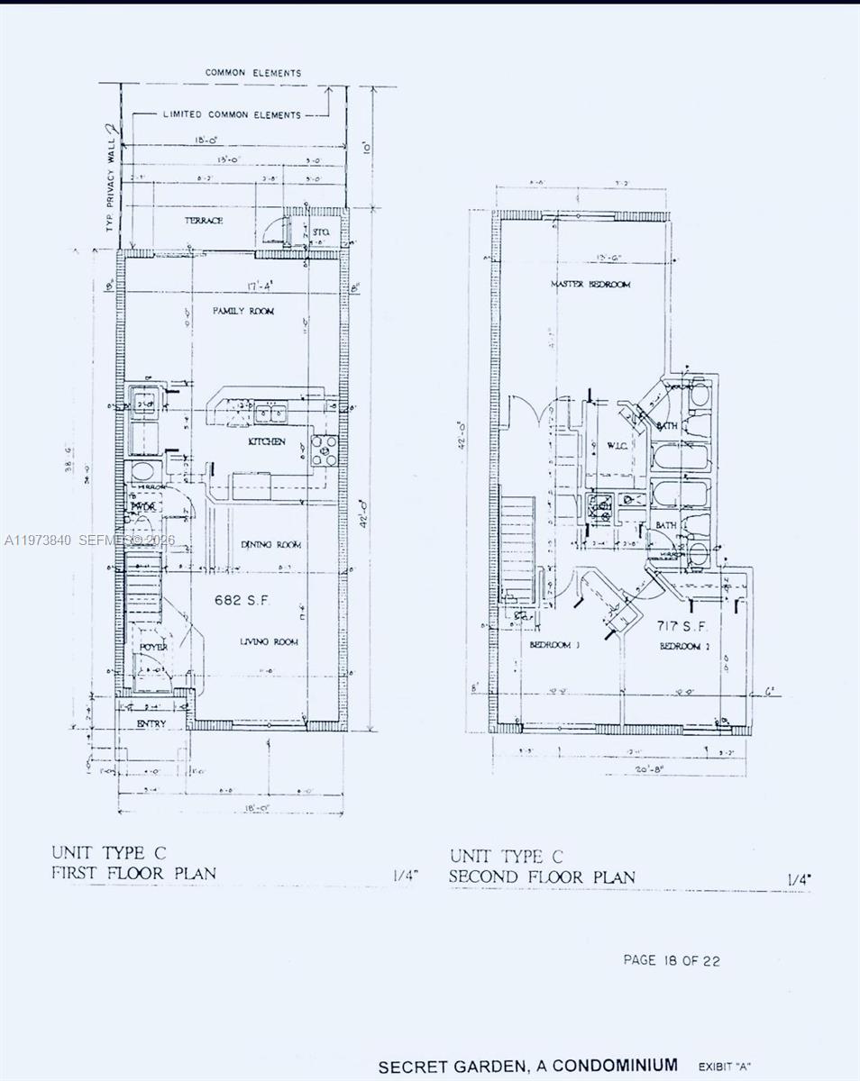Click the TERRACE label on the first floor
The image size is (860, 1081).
pyautogui.click(x=204, y=221)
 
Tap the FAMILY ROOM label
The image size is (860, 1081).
pyautogui.click(x=242, y=311)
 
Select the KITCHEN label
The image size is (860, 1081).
pyautogui.click(x=267, y=441)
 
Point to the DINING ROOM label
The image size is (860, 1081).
pyautogui.click(x=270, y=545)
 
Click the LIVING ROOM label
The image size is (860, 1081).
pyautogui.click(x=269, y=641)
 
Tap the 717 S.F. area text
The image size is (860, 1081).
pyautogui.click(x=672, y=625)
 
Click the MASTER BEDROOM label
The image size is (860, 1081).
pyautogui.click(x=590, y=285)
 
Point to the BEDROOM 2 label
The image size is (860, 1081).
pyautogui.click(x=680, y=647)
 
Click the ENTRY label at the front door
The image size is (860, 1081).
pyautogui.click(x=151, y=723)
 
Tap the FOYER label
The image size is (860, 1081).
pyautogui.click(x=153, y=647)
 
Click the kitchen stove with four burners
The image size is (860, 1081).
pyautogui.click(x=324, y=450)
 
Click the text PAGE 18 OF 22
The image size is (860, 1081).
pyautogui.click(x=672, y=960)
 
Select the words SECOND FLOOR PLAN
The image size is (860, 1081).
pyautogui.click(x=543, y=877)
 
